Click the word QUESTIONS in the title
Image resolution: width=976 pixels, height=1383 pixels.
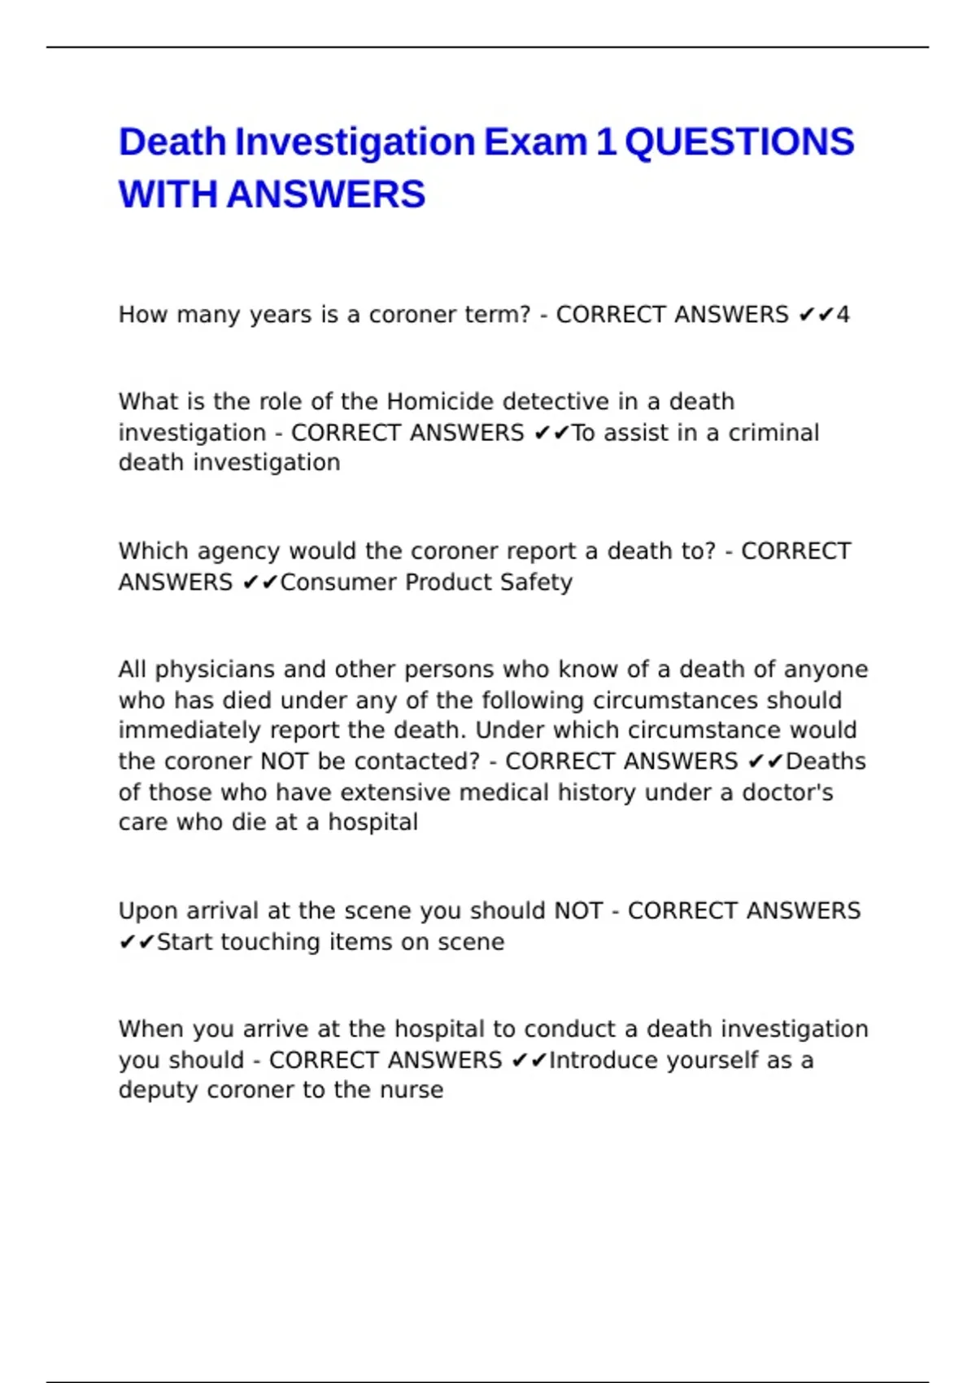pos(739,142)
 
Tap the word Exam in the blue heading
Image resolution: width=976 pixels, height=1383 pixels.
pos(535,142)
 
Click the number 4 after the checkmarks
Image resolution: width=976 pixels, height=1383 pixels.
pos(843,315)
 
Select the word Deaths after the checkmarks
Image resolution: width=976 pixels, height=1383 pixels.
pos(826,761)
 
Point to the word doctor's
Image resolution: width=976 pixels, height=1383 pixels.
pos(787,792)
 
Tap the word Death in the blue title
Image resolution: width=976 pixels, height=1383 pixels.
pos(172,142)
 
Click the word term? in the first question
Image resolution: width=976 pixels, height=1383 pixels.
pos(497,315)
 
